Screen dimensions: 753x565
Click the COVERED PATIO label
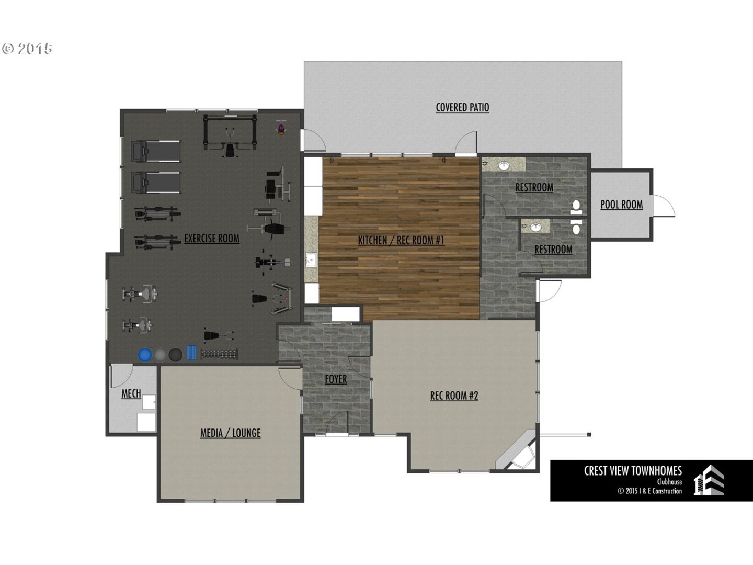coord(462,107)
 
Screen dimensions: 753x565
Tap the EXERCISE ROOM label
coord(212,239)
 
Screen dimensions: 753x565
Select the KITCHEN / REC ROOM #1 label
coord(401,241)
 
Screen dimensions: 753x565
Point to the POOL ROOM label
coord(622,205)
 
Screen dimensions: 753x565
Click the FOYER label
coord(336,379)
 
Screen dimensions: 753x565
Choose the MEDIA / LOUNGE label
coord(231,433)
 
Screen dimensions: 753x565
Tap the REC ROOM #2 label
coord(454,395)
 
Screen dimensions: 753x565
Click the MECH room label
coord(131,393)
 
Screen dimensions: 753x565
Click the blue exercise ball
coord(145,355)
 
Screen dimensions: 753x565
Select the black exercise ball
coord(176,355)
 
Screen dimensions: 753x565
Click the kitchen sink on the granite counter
coord(312,259)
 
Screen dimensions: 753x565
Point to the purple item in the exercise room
coord(281,128)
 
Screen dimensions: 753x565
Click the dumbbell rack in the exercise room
coord(219,354)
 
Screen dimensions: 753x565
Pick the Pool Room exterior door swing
coord(664,206)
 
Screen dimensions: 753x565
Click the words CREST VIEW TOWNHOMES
coord(633,471)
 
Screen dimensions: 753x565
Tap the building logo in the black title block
coord(709,481)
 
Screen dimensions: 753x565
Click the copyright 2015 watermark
coord(27,49)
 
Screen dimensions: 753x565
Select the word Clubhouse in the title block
coord(669,482)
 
